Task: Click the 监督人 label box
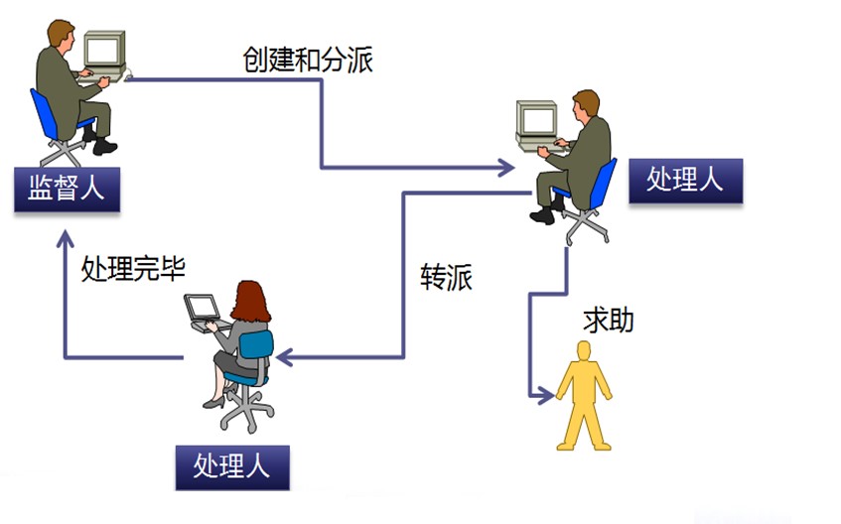pyautogui.click(x=67, y=189)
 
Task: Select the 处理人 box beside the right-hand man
pyautogui.click(x=685, y=180)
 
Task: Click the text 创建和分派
pyautogui.click(x=308, y=60)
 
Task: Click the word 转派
pyautogui.click(x=446, y=278)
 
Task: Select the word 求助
pyautogui.click(x=608, y=321)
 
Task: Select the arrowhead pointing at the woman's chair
pyautogui.click(x=283, y=357)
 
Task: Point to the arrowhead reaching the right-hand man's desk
pyautogui.click(x=506, y=169)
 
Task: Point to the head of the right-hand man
pyautogui.click(x=586, y=103)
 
